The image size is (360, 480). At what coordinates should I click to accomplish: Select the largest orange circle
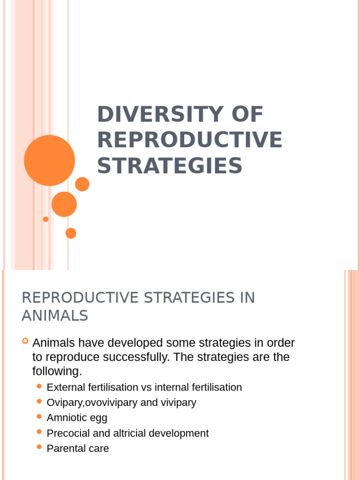49,160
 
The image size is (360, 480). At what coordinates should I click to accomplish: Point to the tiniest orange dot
45,219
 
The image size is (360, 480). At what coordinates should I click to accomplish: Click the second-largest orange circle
64,204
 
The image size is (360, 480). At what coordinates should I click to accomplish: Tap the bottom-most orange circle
71,233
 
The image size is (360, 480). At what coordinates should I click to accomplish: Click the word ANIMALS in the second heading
55,316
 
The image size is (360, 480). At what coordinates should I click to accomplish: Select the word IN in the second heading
246,298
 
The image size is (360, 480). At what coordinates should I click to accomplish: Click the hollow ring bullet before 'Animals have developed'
25,341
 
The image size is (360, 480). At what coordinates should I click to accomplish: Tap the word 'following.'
57,371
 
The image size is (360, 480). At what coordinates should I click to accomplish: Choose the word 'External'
66,388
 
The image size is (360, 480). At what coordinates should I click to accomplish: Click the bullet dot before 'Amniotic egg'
39,416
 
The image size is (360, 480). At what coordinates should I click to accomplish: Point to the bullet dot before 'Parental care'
39,447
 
